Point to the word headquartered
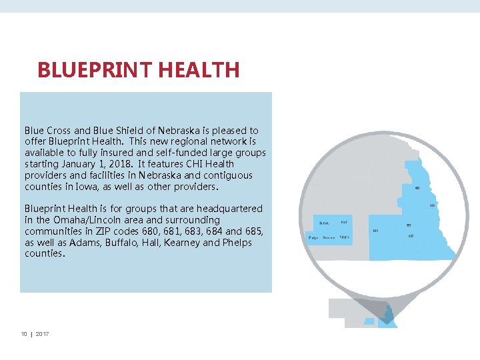(x=231, y=209)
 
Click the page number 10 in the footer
(x=24, y=334)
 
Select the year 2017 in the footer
(x=42, y=334)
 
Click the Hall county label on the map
(x=344, y=222)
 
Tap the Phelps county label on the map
(x=313, y=237)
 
